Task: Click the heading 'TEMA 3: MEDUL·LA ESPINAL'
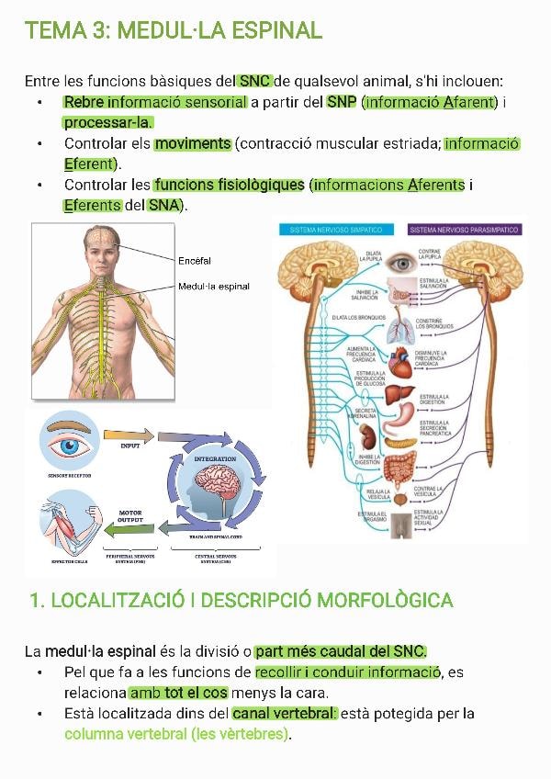point(174,31)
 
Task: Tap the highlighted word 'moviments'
point(193,143)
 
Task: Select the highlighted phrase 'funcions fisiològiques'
point(229,185)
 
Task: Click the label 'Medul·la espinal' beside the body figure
point(213,286)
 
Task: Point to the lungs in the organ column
point(401,326)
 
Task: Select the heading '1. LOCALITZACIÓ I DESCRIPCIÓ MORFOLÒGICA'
point(241,601)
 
